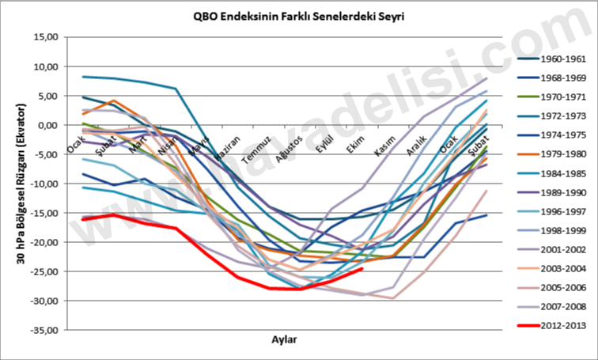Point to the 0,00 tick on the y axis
tap(49, 125)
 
